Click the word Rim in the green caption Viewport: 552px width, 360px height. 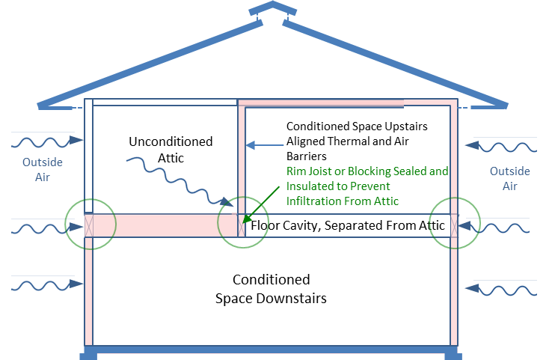pyautogui.click(x=296, y=171)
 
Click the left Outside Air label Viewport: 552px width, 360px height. pyautogui.click(x=42, y=169)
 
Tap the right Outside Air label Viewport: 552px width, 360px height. pyautogui.click(x=510, y=177)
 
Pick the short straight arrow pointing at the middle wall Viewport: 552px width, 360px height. pyautogui.click(x=266, y=144)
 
